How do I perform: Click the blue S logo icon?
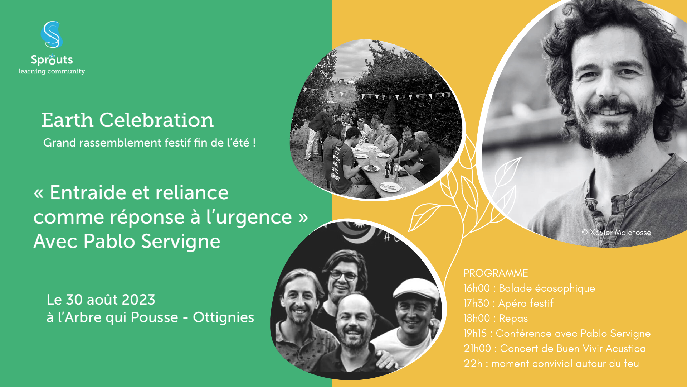[52, 34]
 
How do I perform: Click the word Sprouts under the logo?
[52, 59]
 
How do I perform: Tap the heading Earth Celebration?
[127, 120]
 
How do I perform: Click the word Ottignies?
[224, 317]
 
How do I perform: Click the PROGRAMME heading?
[496, 273]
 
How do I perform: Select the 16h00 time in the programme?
[477, 288]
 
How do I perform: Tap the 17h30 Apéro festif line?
[508, 303]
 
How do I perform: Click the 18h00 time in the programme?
[477, 318]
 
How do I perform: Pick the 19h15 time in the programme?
[475, 333]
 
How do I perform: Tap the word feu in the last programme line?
[632, 363]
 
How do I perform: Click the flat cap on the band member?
[416, 289]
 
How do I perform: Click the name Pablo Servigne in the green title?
[152, 241]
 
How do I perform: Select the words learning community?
[52, 71]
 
